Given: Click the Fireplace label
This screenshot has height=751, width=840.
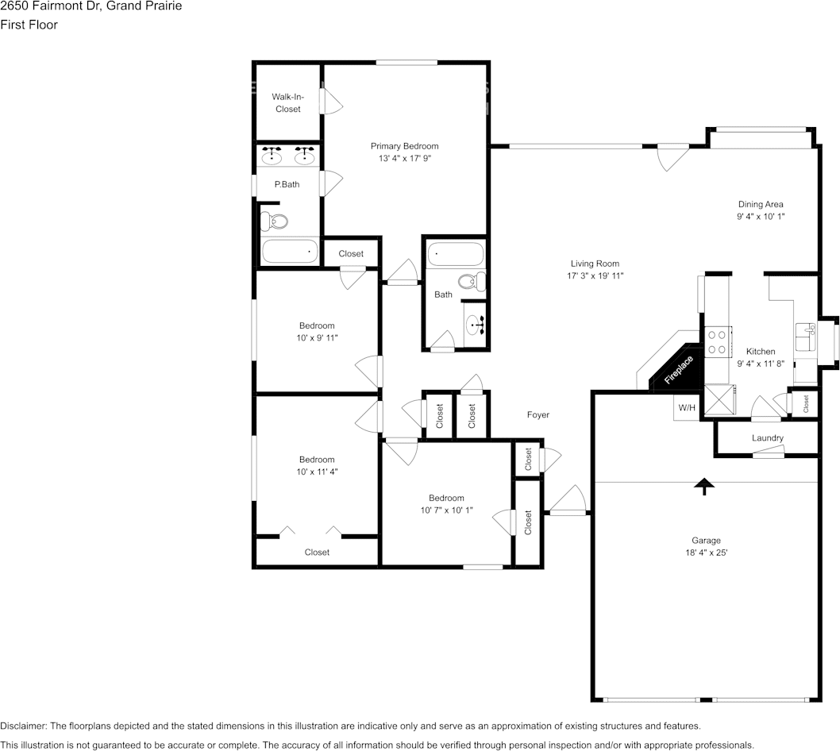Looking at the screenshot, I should tap(679, 371).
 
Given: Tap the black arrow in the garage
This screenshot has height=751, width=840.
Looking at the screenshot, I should tap(703, 487).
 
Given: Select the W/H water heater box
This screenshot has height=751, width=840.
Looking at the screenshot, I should tap(686, 408).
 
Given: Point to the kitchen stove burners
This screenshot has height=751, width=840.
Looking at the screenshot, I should tap(717, 341).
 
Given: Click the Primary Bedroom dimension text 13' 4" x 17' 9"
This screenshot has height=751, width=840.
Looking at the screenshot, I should tap(404, 158).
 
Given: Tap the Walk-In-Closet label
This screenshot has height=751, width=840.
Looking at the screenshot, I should tap(287, 102).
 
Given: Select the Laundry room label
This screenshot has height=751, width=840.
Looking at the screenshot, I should tap(767, 438).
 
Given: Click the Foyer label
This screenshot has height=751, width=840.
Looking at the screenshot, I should tap(538, 414).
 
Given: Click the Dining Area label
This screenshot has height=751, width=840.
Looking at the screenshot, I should tap(760, 204).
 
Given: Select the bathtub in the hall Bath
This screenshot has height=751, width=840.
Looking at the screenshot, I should tap(455, 256).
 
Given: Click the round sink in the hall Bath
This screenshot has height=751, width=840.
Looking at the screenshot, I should tap(476, 324).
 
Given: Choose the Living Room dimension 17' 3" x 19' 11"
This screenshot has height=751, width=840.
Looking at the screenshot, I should tap(595, 276).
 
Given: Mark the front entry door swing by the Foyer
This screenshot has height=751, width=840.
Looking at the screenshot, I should tap(567, 501).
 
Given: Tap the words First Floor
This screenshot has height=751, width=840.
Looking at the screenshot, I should tap(29, 25).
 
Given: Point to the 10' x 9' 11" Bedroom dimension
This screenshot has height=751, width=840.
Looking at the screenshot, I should tap(316, 338).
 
